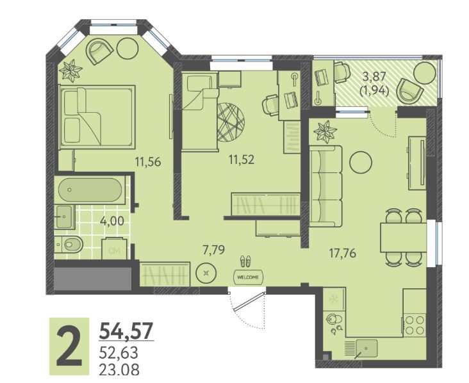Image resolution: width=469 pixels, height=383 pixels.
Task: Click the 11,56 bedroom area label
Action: coord(148,162)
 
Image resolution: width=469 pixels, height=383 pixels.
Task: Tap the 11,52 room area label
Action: coord(242,160)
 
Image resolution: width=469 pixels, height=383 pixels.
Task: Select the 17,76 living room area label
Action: coord(343,253)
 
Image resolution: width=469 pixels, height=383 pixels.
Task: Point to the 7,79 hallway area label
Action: coord(213,250)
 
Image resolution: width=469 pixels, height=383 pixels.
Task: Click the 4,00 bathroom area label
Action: coord(112,221)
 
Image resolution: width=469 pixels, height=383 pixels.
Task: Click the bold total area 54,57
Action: coord(126,330)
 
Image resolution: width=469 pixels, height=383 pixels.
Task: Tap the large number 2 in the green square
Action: coord(69,346)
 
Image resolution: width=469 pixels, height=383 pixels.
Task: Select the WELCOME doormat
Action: coord(248,277)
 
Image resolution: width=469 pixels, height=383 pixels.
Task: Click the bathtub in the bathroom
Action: coord(90,190)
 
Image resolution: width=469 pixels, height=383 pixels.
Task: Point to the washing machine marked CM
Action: coord(114,248)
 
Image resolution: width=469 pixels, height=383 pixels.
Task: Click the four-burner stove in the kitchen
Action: coord(415,325)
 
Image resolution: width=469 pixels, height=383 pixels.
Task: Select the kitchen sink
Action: coord(366,348)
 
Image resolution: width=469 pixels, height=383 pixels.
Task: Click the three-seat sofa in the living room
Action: coord(325,186)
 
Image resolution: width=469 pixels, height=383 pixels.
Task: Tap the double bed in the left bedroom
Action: coord(97,117)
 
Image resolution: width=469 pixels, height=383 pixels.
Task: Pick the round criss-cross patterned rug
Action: coord(231,122)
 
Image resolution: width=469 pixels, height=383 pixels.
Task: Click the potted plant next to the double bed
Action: coord(70,71)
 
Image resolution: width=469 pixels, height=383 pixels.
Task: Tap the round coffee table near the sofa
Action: coord(361,162)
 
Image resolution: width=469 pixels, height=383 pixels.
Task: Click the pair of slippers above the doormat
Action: coord(246,261)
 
